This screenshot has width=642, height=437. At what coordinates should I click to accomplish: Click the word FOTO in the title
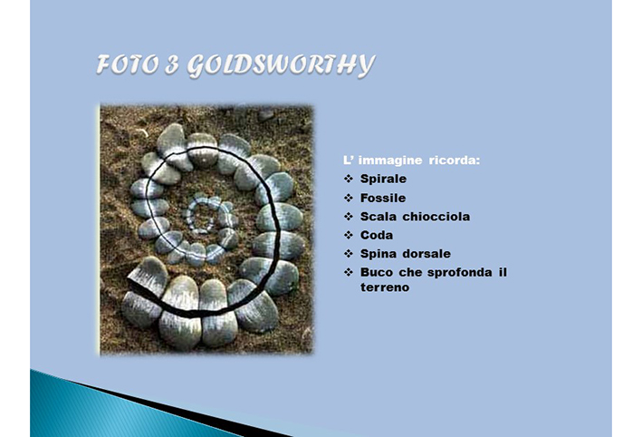coord(128,64)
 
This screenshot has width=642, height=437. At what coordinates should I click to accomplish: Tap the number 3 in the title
coord(172,64)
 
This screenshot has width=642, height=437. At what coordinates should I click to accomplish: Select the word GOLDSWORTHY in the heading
coord(281,65)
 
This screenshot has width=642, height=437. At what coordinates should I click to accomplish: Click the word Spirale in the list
coord(383,179)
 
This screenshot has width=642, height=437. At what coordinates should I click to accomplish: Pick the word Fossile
coord(383,198)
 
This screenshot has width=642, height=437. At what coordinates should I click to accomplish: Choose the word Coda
coord(377,236)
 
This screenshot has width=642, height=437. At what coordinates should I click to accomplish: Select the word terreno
coord(385,287)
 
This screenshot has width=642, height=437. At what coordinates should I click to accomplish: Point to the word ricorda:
coord(454,160)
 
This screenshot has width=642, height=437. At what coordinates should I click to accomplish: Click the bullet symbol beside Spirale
coord(349,180)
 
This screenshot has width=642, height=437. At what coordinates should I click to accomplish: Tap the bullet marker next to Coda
coord(349,236)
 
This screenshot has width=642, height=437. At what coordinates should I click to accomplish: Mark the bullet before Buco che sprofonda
coord(349,273)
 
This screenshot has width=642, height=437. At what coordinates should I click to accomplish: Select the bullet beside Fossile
coord(349,199)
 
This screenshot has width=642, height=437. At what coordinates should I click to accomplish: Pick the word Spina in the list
coord(378,254)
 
